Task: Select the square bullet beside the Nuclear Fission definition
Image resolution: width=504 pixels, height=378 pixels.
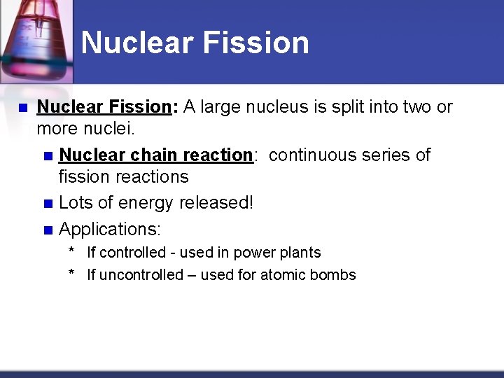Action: [x=22, y=108]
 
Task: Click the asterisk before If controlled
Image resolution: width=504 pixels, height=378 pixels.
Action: [x=71, y=252]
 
